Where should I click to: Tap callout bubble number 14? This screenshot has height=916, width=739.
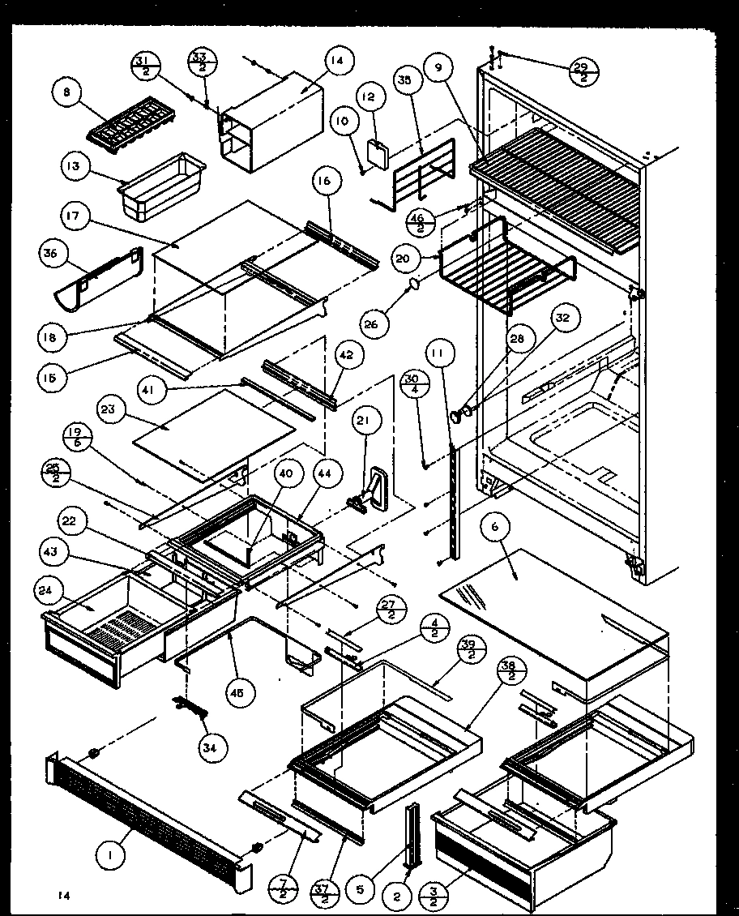[x=336, y=60]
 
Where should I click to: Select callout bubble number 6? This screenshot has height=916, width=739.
[x=493, y=525]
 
